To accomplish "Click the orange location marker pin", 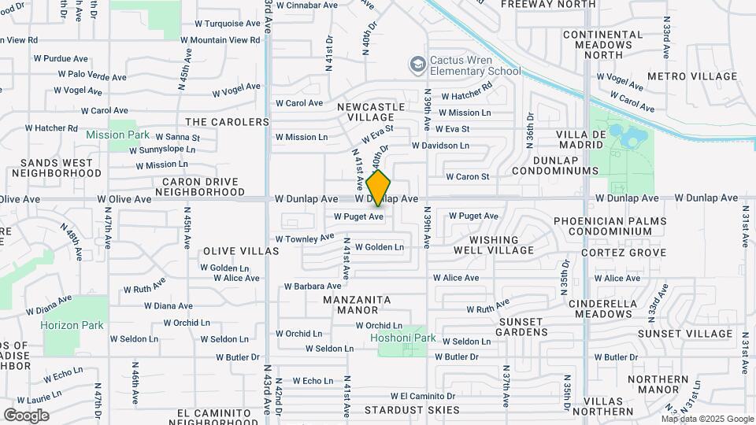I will click(x=379, y=188).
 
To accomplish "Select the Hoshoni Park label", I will click(x=402, y=339).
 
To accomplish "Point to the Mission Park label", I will click(x=117, y=135).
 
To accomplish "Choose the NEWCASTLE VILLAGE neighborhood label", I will click(x=371, y=112).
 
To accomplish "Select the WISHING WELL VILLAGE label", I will click(x=494, y=245).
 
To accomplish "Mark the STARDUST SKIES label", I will click(x=412, y=410).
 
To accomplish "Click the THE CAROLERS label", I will click(x=227, y=122).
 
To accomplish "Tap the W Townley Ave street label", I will click(x=305, y=238).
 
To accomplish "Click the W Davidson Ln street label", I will click(x=440, y=146).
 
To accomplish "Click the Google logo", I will click(x=26, y=415).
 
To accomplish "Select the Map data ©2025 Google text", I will click(x=707, y=419).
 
